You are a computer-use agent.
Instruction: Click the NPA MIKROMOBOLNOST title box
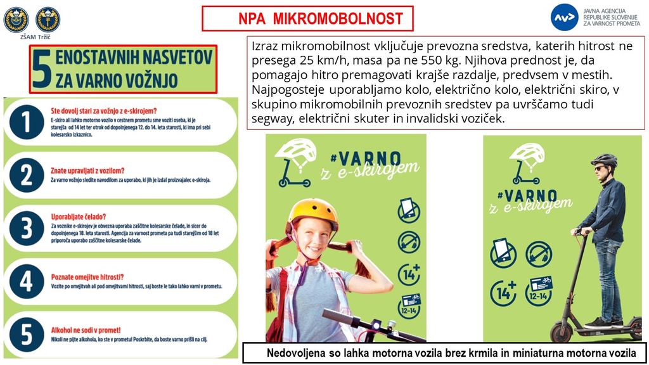[x=307, y=18]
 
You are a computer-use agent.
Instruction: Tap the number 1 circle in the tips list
[x=26, y=122]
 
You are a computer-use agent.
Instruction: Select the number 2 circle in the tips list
[x=26, y=174]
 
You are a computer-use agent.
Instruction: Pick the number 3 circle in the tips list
[x=26, y=228]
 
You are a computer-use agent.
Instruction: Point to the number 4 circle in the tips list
[x=26, y=281]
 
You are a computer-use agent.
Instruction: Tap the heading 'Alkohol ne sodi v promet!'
[x=86, y=330]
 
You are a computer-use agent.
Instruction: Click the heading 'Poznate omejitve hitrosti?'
[x=87, y=276]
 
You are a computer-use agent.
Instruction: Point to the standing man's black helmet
[x=604, y=160]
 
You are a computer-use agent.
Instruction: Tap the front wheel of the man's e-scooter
[x=561, y=331]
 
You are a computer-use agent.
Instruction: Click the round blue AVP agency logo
[x=563, y=17]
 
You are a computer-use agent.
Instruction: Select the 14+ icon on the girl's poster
[x=409, y=274]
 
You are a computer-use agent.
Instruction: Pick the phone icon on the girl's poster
[x=409, y=210]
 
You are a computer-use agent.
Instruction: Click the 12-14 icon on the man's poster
[x=539, y=291]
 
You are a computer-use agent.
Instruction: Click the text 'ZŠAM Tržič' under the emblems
[x=35, y=37]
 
